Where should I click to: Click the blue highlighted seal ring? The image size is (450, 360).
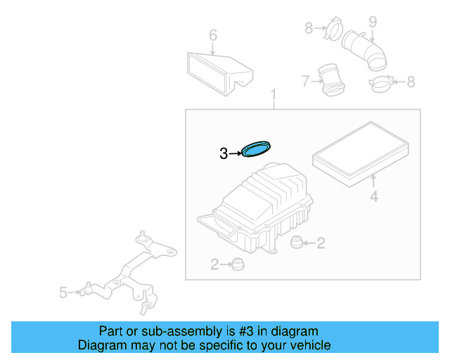(x=257, y=149)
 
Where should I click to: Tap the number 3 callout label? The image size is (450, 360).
(x=224, y=153)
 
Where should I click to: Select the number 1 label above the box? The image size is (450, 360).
(x=274, y=95)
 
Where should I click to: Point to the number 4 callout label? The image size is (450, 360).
(x=374, y=197)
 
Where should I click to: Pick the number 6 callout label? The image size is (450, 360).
(x=213, y=35)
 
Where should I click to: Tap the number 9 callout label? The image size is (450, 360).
(x=373, y=22)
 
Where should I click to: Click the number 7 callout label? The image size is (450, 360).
(x=305, y=82)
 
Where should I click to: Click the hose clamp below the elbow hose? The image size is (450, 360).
(x=380, y=84)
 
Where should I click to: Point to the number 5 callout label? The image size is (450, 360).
(x=63, y=292)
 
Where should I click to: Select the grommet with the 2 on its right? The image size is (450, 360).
(x=297, y=243)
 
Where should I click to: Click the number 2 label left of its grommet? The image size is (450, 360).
(x=214, y=264)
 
